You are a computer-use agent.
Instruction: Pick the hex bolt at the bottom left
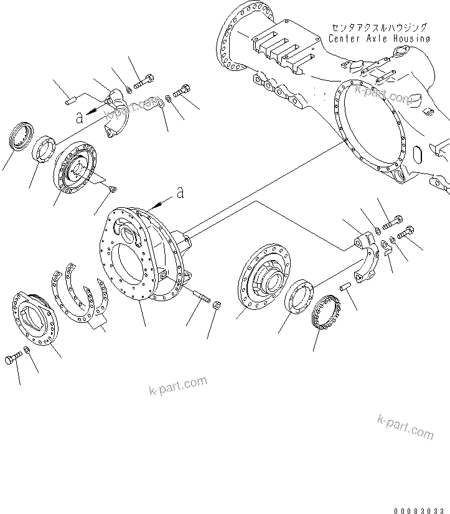click(13, 360)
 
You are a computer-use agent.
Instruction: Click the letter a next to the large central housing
click(180, 194)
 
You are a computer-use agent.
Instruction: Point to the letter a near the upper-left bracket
click(78, 116)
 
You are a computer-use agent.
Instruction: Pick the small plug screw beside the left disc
click(112, 189)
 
